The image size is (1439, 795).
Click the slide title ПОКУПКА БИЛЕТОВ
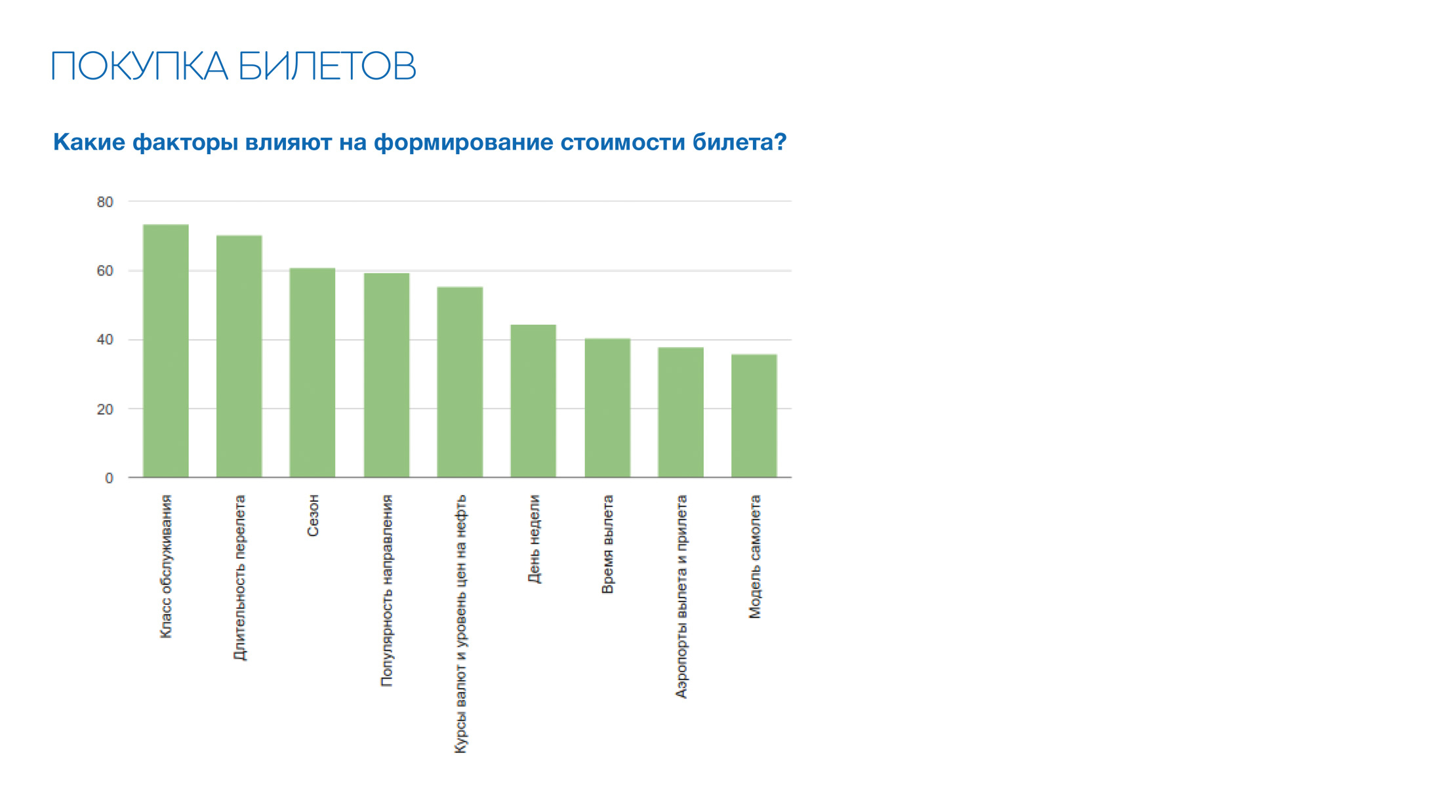(x=233, y=66)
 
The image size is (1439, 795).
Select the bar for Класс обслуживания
(x=166, y=351)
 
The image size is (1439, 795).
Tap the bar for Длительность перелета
(x=239, y=356)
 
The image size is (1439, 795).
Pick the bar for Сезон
(x=312, y=373)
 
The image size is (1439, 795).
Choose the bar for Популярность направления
(x=386, y=375)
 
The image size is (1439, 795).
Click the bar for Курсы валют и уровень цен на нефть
(x=460, y=382)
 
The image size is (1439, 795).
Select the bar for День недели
(x=533, y=401)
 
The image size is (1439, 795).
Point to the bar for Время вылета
(x=607, y=407)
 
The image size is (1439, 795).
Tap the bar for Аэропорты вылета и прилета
(x=681, y=412)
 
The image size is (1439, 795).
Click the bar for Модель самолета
(x=754, y=416)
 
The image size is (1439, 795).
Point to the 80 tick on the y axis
(x=105, y=202)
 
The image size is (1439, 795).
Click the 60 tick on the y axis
(x=105, y=271)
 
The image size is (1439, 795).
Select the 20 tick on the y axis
(x=105, y=409)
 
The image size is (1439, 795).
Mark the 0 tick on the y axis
(x=109, y=478)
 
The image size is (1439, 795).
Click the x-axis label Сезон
(x=313, y=516)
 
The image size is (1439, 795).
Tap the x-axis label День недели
(x=534, y=539)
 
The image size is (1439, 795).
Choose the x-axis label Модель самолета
(x=755, y=556)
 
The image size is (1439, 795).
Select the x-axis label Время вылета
(x=608, y=544)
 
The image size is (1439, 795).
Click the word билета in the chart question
(x=739, y=142)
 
